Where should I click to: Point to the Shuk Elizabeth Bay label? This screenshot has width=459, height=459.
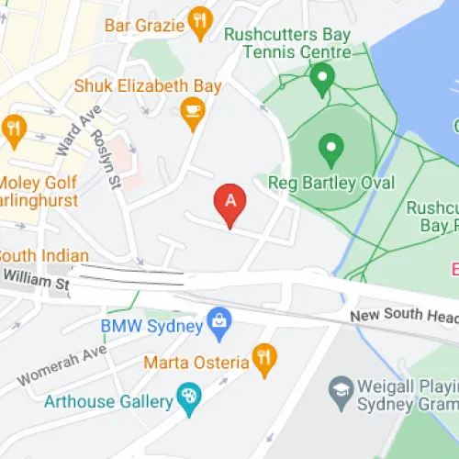click(148, 86)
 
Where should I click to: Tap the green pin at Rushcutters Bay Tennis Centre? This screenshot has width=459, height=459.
click(321, 80)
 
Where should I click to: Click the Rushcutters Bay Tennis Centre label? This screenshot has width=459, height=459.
click(287, 43)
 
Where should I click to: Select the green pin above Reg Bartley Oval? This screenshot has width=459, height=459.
click(330, 147)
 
